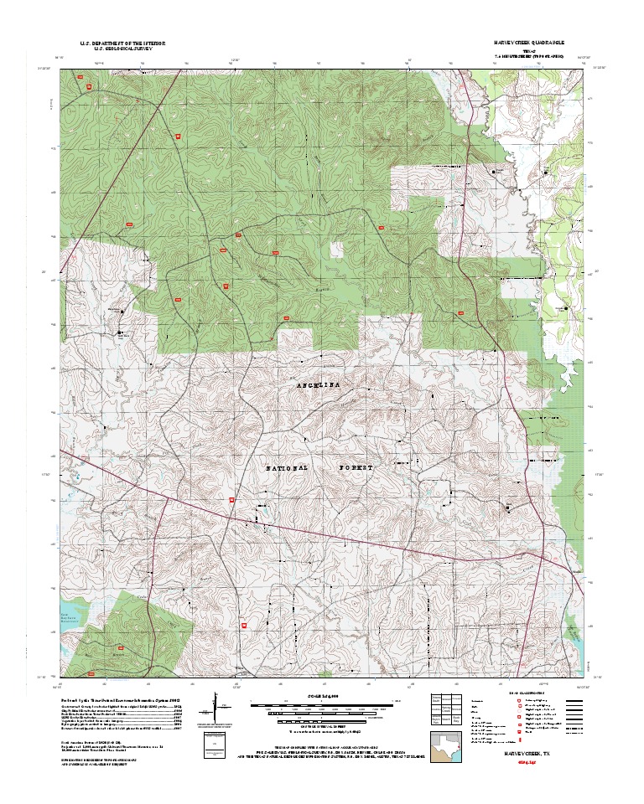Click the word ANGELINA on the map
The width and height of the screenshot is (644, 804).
(320, 384)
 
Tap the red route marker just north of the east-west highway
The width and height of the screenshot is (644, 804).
(232, 499)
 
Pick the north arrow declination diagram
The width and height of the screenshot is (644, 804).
(216, 708)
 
